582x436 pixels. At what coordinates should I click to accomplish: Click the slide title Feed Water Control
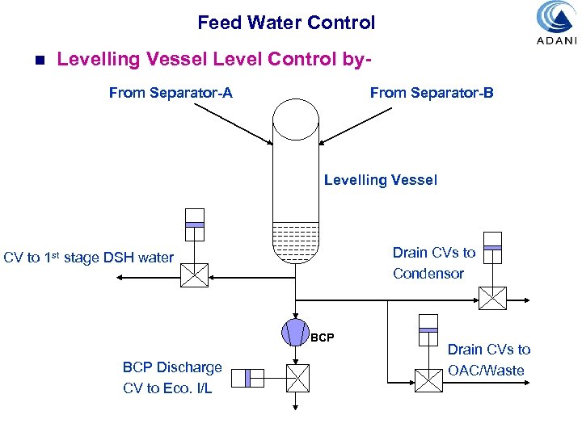(x=286, y=23)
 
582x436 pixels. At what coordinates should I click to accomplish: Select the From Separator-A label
(x=171, y=93)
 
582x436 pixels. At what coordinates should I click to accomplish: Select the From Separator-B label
(x=431, y=93)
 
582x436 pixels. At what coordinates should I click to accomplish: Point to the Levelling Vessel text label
(x=380, y=180)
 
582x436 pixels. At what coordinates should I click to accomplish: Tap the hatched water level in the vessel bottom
(x=297, y=241)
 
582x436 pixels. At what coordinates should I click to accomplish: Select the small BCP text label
(x=322, y=337)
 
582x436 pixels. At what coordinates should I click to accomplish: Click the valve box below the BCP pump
(x=297, y=377)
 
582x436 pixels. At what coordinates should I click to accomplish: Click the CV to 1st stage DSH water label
(x=89, y=258)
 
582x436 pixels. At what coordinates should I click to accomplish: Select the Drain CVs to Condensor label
(x=434, y=263)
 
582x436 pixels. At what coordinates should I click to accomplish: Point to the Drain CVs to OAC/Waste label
(x=488, y=360)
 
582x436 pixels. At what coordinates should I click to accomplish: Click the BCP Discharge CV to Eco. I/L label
(x=172, y=378)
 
